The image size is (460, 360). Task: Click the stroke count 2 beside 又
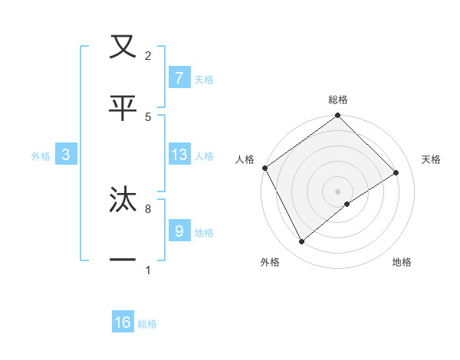148,55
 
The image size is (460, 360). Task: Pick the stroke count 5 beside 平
148,116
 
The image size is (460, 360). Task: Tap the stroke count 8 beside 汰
148,208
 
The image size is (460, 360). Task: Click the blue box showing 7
179,77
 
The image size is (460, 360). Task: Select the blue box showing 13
179,155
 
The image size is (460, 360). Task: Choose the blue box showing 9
179,231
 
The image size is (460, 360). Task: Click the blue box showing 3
66,155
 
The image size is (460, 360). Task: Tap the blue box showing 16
123,322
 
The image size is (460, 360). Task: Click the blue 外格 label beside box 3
41,156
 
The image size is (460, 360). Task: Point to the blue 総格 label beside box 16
147,324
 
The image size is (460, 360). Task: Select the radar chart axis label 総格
338,100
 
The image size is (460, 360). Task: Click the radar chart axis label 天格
432,159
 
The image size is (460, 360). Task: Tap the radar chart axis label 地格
402,262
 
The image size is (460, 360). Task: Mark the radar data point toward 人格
264,168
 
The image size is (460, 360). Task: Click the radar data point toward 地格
347,204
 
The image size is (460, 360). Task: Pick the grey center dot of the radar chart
337,191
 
